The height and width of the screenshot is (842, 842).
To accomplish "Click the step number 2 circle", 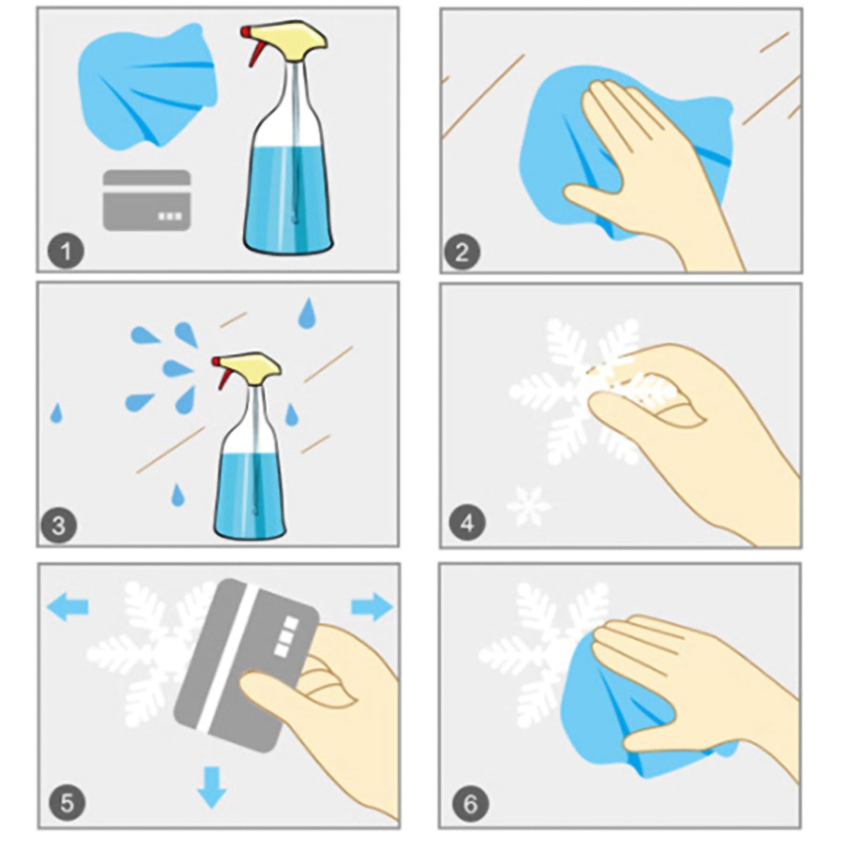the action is [x=463, y=252].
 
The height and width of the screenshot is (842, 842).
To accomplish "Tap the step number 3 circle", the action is [x=59, y=526].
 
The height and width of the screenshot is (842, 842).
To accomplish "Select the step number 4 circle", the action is [x=467, y=523].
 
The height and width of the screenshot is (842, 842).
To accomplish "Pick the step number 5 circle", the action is [x=67, y=803].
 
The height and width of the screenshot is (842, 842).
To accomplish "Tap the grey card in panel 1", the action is [x=147, y=200].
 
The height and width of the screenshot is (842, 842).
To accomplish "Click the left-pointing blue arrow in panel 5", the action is [x=67, y=607].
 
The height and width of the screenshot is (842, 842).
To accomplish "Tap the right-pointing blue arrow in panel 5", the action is [x=372, y=607].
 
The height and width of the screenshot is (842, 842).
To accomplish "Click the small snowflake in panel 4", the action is [x=528, y=506].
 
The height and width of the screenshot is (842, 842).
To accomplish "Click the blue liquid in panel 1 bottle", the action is [x=289, y=202].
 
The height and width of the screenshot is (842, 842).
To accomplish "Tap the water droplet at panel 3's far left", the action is [x=57, y=413].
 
